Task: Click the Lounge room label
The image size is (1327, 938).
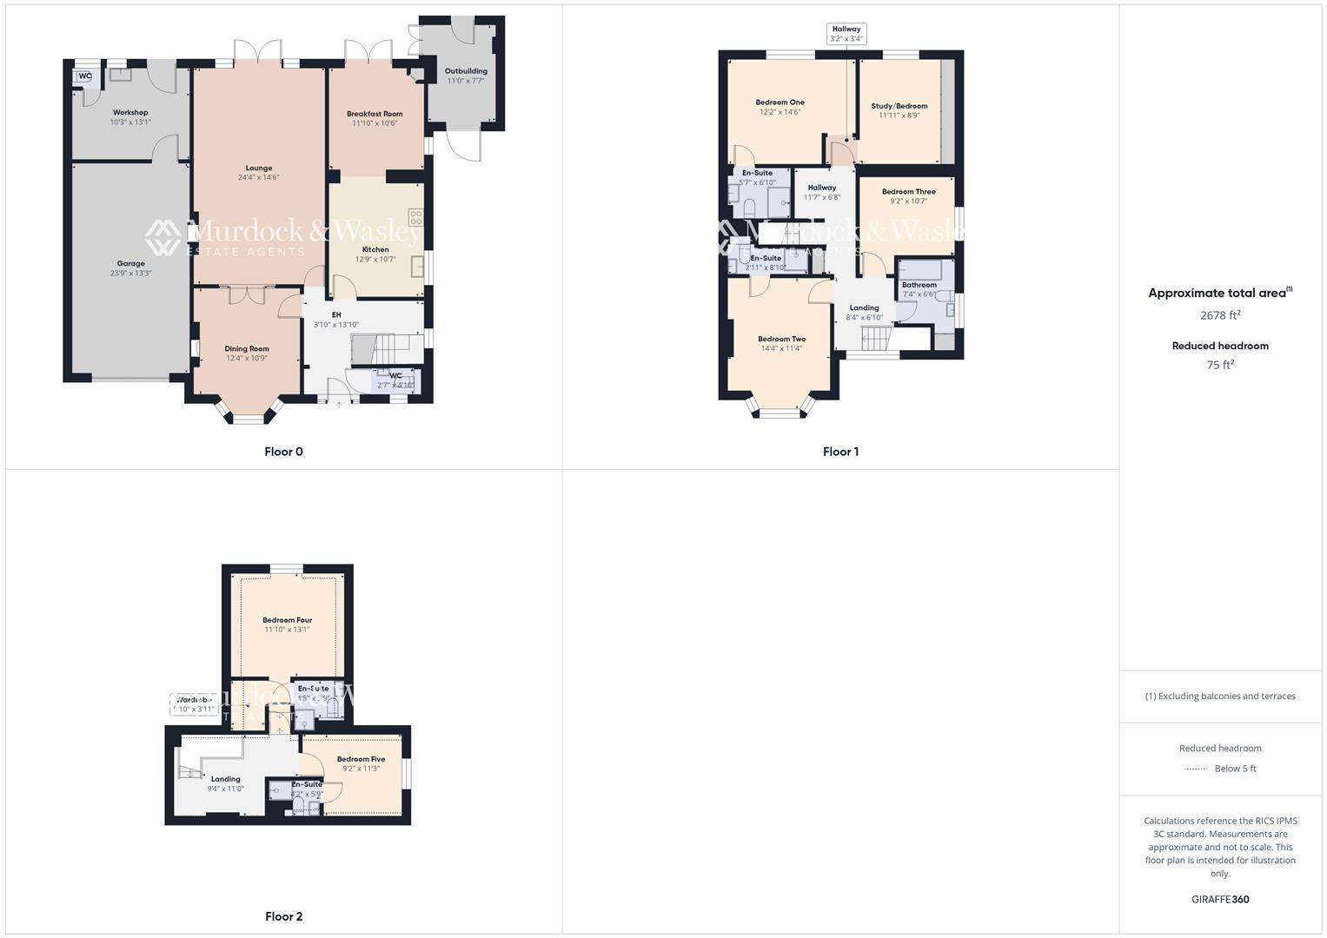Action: click(259, 168)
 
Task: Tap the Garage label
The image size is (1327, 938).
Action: click(131, 263)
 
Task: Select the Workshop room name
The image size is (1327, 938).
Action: click(130, 112)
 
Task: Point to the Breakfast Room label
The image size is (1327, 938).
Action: click(375, 114)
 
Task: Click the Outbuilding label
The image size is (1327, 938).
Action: click(466, 71)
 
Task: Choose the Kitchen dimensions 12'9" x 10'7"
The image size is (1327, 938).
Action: click(375, 259)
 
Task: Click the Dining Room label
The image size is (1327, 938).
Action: click(247, 348)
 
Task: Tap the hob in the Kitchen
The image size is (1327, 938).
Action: click(416, 217)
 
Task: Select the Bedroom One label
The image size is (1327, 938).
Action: click(780, 102)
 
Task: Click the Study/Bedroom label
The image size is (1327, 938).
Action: click(899, 106)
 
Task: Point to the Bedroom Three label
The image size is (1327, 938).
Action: click(908, 192)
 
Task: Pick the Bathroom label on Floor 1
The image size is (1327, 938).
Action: click(919, 285)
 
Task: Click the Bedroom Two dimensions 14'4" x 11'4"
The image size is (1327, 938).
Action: click(781, 348)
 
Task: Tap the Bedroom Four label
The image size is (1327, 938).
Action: click(287, 620)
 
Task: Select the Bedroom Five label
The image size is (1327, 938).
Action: click(361, 759)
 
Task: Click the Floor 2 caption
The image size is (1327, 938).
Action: click(283, 916)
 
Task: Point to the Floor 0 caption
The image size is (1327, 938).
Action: click(283, 452)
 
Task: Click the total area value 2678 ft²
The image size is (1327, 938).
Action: click(1220, 315)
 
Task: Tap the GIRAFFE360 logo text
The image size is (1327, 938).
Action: click(1220, 900)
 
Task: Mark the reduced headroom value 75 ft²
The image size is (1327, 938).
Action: click(1220, 365)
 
